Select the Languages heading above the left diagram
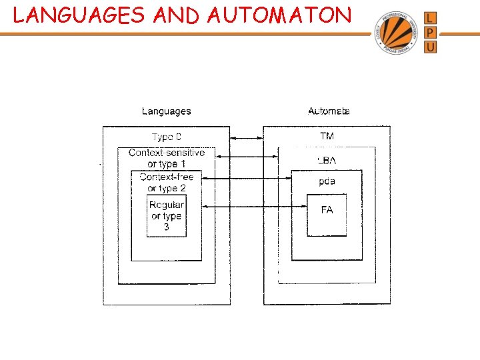[167, 111]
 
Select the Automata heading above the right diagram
[329, 111]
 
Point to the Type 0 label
[167, 137]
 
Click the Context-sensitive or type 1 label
[167, 158]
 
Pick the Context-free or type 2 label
[167, 183]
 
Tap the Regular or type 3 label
[167, 216]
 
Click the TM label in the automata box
[327, 136]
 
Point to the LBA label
[327, 160]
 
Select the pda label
[327, 181]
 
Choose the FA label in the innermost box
[327, 210]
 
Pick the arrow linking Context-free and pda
[247, 178]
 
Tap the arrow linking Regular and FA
[253, 207]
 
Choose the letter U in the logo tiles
[431, 47]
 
